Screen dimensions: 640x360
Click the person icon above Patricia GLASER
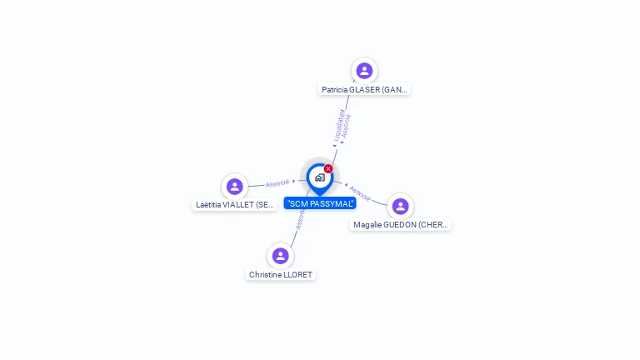[364, 71]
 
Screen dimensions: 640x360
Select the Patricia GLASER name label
[365, 89]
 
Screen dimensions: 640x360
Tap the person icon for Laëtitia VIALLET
[234, 186]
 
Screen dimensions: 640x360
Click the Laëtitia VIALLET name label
[235, 204]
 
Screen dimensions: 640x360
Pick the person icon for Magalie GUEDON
[400, 206]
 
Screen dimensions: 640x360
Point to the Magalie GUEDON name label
[401, 224]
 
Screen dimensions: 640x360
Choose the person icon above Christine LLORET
[280, 256]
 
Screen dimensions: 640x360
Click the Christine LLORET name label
[281, 274]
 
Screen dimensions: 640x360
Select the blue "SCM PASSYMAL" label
[320, 203]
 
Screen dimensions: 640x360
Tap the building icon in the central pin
[319, 177]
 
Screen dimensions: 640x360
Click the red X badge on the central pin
[328, 168]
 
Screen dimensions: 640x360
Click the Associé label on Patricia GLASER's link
[346, 127]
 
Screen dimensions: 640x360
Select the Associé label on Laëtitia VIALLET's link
[277, 182]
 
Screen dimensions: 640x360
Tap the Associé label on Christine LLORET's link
[300, 218]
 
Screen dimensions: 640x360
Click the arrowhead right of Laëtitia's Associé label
[294, 181]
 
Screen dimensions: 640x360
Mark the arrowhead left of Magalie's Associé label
[347, 185]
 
